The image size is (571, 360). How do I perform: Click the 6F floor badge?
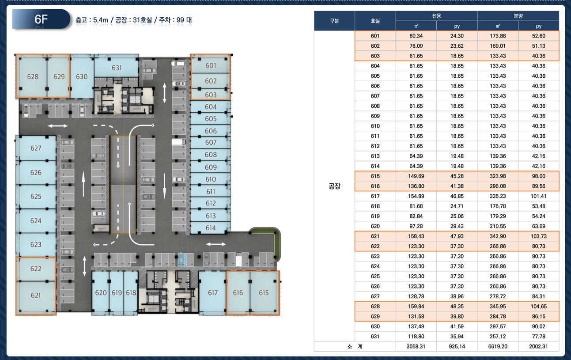pos(41,19)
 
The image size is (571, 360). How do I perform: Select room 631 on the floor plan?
pos(117,68)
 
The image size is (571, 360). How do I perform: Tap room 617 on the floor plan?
pos(212,293)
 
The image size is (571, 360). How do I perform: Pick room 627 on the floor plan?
pos(36,148)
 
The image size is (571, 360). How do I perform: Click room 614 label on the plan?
pos(211,227)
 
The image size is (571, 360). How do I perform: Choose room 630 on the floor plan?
pos(82,76)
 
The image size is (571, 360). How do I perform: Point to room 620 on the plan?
pos(100,293)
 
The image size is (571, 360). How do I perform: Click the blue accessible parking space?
pos(182,260)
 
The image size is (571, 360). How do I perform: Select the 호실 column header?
pos(375,21)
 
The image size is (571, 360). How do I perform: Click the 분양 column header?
pos(518,16)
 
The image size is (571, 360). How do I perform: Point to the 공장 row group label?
pos(334,186)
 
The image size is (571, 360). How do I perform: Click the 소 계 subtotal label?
pos(355,346)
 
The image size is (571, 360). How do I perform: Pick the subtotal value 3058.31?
pos(416,346)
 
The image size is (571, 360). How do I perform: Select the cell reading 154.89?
pos(416,196)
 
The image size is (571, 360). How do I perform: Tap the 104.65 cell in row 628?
pos(538,306)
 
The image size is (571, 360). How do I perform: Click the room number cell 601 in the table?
pos(375,36)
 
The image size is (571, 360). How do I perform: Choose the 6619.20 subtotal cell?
pos(498,346)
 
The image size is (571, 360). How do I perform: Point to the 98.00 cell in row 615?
pos(538,176)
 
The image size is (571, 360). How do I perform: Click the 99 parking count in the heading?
pos(180,20)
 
